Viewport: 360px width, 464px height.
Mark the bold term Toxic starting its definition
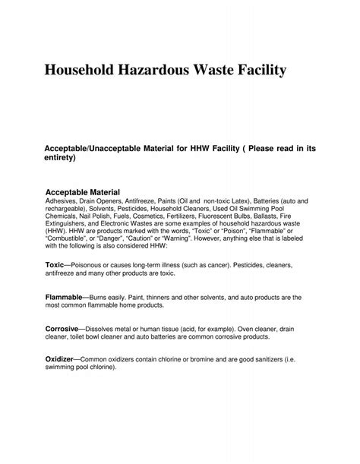click(55, 264)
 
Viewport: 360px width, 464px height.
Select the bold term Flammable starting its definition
click(65, 298)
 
